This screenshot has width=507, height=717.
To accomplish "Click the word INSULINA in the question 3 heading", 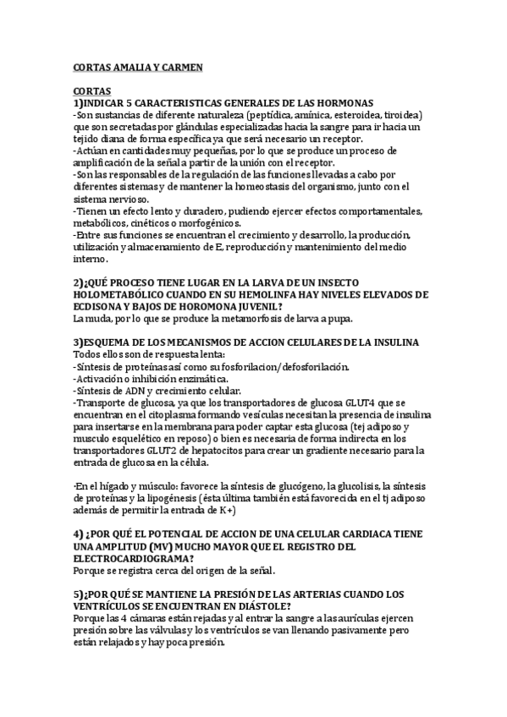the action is click(381, 342).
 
